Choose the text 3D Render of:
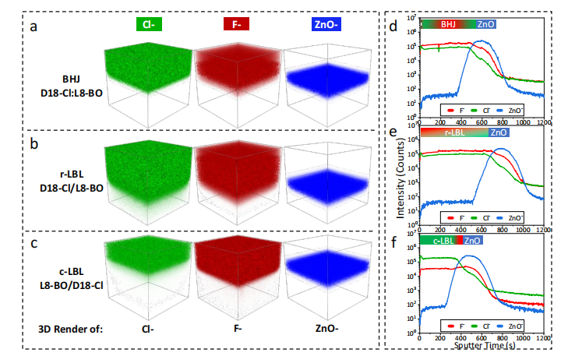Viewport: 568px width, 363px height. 71,328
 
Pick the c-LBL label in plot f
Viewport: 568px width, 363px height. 443,241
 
